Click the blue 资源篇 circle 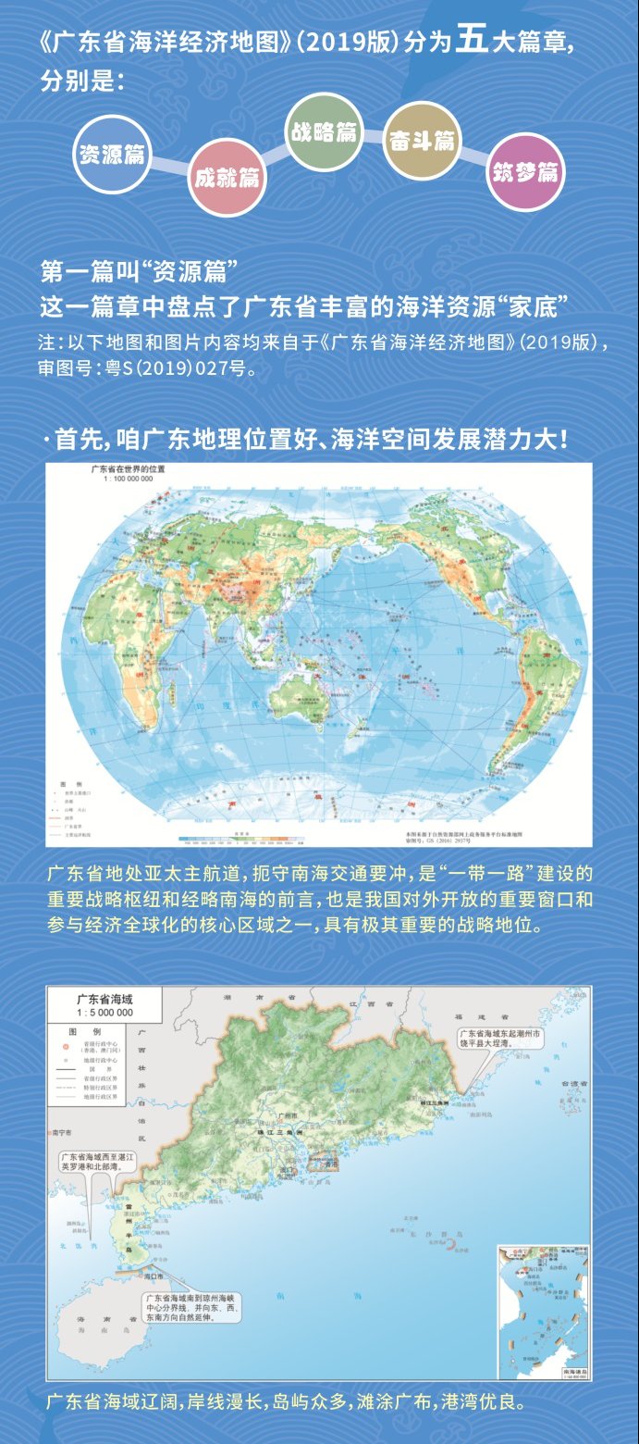(x=111, y=154)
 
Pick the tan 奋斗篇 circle (x=422, y=141)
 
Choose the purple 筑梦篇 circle (x=525, y=172)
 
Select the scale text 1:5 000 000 (x=103, y=1013)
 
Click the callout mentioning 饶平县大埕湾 (x=502, y=1036)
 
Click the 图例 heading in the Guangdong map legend (x=91, y=1030)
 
